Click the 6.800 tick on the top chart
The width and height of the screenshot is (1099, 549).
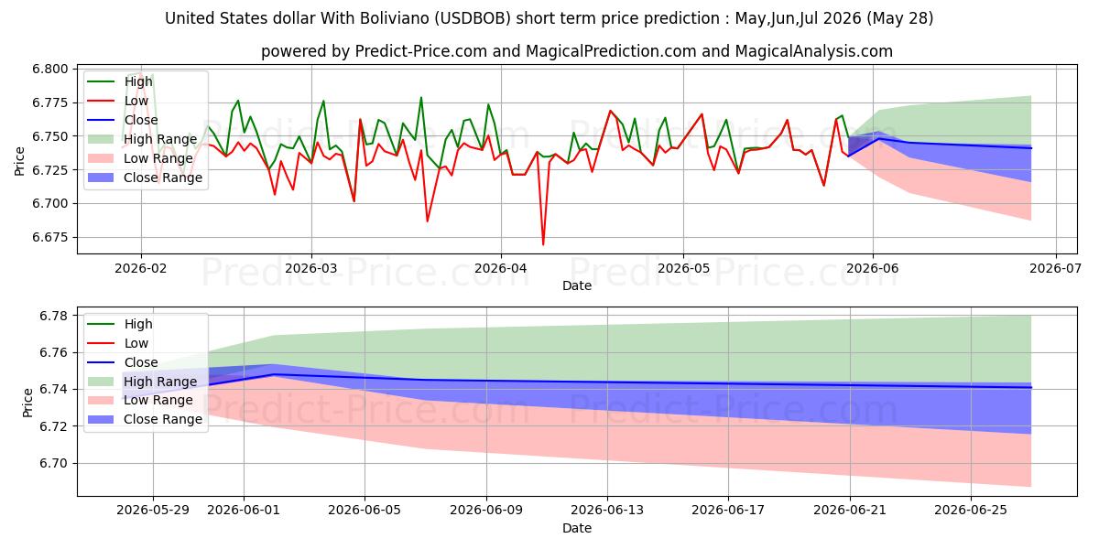tap(49, 70)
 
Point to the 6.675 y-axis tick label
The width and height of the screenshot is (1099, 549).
tap(49, 238)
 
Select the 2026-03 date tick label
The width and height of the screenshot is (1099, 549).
tap(311, 269)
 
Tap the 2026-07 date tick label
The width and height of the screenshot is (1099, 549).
tap(1055, 269)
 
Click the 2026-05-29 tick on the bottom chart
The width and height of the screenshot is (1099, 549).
tap(153, 511)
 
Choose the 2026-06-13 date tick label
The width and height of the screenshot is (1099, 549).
tap(607, 511)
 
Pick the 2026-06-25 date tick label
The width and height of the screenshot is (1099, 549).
tap(971, 511)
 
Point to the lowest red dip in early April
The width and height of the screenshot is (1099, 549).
tap(543, 244)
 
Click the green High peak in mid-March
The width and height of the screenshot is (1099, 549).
tap(421, 98)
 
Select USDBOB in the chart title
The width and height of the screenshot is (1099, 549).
tap(472, 18)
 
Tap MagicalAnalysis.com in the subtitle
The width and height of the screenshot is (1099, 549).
tap(813, 51)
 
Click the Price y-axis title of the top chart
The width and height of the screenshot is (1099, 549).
tap(19, 161)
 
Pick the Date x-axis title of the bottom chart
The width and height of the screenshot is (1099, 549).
tap(577, 529)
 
